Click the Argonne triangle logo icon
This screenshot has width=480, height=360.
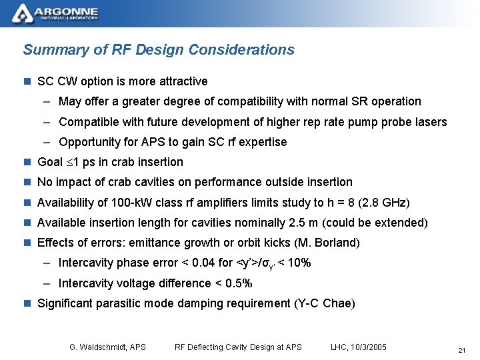point(22,13)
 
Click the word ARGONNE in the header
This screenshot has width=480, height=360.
point(66,11)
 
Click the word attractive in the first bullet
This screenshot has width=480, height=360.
point(183,81)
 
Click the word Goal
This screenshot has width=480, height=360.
point(50,162)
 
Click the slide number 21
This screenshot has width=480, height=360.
point(461,350)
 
